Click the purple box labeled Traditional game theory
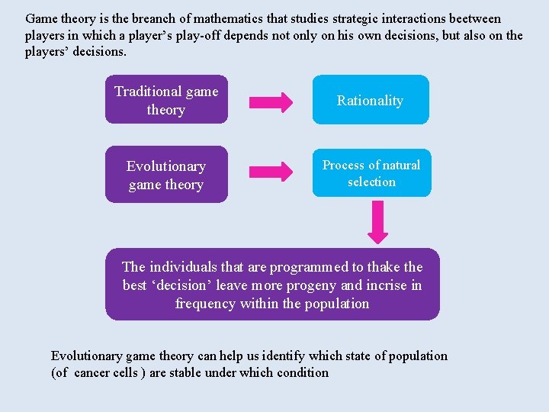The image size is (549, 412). (x=166, y=100)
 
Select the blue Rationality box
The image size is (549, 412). (x=370, y=100)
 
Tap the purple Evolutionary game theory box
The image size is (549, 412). (x=166, y=175)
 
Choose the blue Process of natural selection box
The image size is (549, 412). (x=371, y=173)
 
